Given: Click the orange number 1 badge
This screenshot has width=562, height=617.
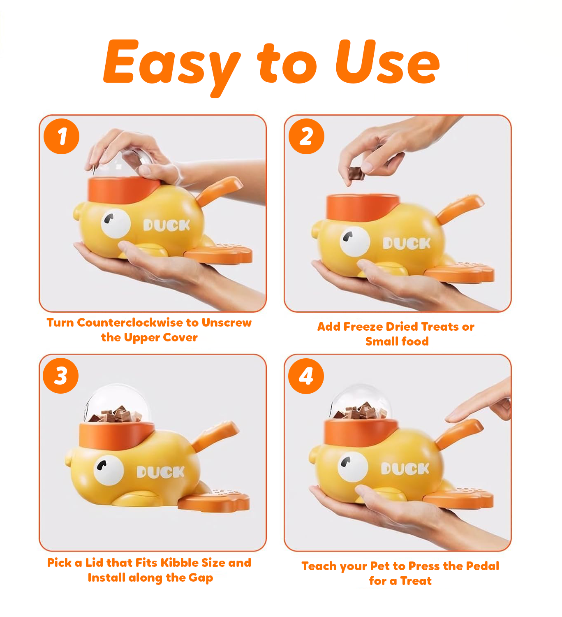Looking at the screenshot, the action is pyautogui.click(x=62, y=136).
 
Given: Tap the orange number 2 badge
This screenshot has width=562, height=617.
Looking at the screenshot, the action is pyautogui.click(x=307, y=136).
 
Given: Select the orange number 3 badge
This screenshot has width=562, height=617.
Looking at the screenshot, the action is pyautogui.click(x=60, y=376).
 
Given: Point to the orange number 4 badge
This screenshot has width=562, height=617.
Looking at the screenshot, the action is pyautogui.click(x=306, y=376).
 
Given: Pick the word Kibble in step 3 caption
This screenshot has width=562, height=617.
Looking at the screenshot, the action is pyautogui.click(x=180, y=563).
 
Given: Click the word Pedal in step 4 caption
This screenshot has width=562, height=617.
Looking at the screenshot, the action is pyautogui.click(x=482, y=566).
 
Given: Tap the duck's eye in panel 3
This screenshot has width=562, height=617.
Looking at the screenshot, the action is pyautogui.click(x=109, y=470).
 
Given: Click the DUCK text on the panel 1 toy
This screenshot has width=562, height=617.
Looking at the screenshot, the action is pyautogui.click(x=167, y=225).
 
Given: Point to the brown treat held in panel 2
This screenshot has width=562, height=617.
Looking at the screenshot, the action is pyautogui.click(x=356, y=174).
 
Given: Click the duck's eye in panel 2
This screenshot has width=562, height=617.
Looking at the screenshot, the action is pyautogui.click(x=354, y=241).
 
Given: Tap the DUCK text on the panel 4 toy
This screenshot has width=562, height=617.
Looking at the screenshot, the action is pyautogui.click(x=405, y=469).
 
